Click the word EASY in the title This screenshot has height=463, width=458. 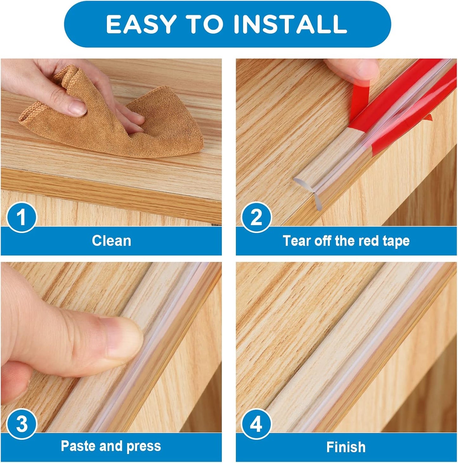click(x=141, y=24)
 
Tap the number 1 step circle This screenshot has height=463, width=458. click(x=21, y=217)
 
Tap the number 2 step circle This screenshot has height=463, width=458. click(x=256, y=217)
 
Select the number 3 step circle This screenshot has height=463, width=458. click(x=21, y=424)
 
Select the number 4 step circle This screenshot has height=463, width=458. click(x=256, y=424)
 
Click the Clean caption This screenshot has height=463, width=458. click(x=111, y=241)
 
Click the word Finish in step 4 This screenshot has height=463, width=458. click(x=346, y=447)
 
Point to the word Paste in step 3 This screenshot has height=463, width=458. click(x=78, y=446)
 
